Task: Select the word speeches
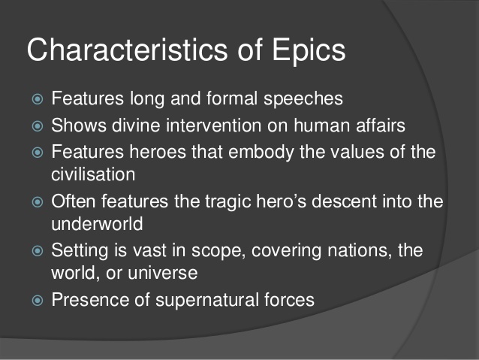tap(286, 98)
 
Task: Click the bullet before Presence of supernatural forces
tap(35, 301)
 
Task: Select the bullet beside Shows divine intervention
tap(35, 126)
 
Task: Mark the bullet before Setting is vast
tap(35, 251)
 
